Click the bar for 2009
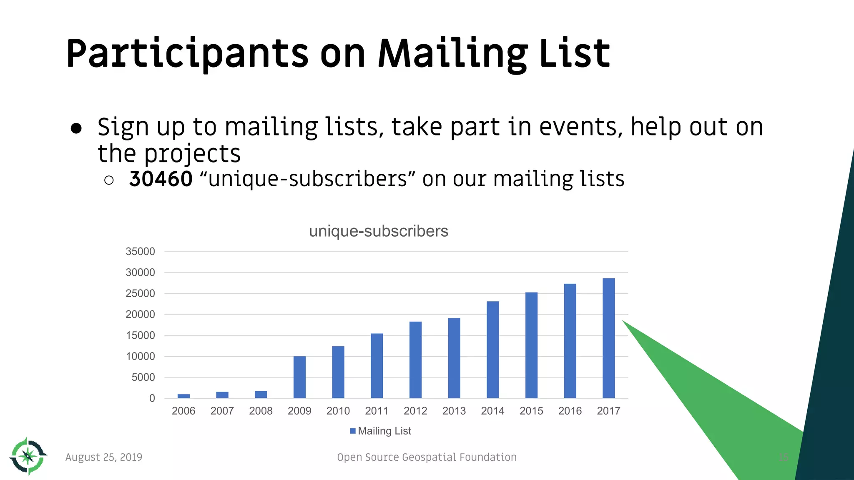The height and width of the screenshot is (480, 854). tap(299, 377)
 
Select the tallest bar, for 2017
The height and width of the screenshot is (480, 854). tap(608, 338)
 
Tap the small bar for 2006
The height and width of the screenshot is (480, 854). tap(183, 396)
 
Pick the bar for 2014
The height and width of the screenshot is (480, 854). tap(492, 350)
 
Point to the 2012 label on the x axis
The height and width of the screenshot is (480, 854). tap(415, 411)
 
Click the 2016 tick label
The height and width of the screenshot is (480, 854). tap(570, 411)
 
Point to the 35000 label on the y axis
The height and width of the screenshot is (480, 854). tap(140, 252)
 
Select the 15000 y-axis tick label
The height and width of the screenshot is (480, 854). tap(140, 335)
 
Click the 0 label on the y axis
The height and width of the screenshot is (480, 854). tap(152, 398)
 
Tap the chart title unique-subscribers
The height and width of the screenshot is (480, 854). tap(378, 231)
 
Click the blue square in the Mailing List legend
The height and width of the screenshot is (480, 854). tap(353, 431)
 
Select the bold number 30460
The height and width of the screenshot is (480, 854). tap(161, 179)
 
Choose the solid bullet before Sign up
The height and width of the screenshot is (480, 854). tap(76, 128)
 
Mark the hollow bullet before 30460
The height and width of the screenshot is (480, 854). tap(109, 180)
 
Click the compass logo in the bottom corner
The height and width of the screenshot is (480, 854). tap(28, 456)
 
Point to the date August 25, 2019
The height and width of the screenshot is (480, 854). tap(104, 457)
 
